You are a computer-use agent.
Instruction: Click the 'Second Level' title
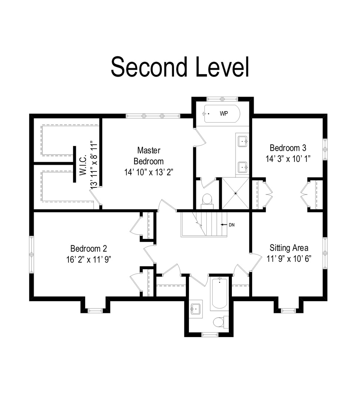[x=180, y=67]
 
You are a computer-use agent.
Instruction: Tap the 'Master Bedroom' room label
[x=149, y=156]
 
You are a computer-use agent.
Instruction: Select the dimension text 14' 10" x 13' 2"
[x=149, y=173]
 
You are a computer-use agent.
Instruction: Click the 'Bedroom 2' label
[x=89, y=249]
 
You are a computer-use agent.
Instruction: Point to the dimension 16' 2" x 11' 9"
[x=89, y=260]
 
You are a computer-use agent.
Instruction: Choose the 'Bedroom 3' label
[x=288, y=148]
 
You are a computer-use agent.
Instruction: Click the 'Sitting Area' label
[x=289, y=248]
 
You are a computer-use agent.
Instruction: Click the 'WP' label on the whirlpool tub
[x=224, y=114]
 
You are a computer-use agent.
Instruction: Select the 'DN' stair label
[x=231, y=225]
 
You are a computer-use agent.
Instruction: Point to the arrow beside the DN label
[x=224, y=225]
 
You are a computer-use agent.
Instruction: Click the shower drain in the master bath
[x=236, y=193]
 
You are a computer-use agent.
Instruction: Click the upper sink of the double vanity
[x=243, y=141]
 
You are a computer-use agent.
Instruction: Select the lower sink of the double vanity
[x=243, y=167]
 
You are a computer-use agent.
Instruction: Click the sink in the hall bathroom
[x=196, y=309]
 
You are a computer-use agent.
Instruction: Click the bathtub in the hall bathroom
[x=219, y=294]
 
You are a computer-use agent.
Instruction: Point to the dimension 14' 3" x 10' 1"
[x=288, y=159]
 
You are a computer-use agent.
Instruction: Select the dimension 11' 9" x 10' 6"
[x=289, y=259]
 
